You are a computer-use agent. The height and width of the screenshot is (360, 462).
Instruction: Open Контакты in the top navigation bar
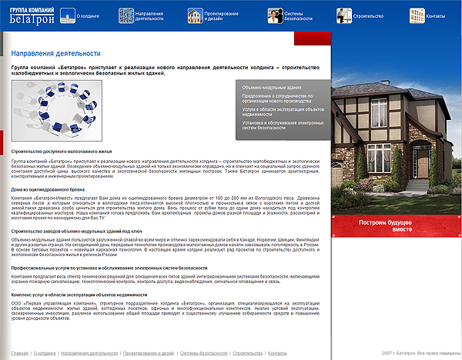(x=436, y=15)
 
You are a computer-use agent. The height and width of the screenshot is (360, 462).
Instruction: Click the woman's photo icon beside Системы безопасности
(x=275, y=15)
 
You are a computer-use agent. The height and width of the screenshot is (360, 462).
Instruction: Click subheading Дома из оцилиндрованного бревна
(x=51, y=189)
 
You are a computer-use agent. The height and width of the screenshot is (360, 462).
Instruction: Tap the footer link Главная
(x=21, y=352)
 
